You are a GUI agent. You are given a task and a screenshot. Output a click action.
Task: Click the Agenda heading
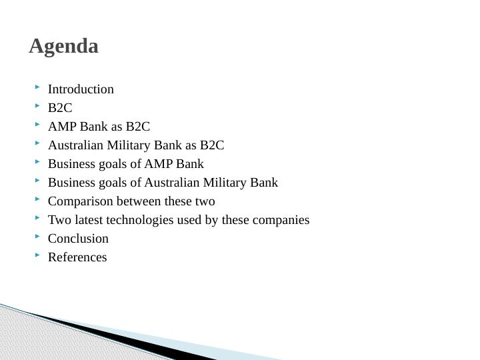(x=64, y=47)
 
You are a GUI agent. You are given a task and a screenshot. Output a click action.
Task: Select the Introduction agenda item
(x=81, y=89)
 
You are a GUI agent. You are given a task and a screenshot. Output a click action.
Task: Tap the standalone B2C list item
(x=60, y=108)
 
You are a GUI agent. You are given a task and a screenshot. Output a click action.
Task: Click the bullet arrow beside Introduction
(x=39, y=87)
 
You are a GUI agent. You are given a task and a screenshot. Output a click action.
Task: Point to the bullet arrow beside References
(x=39, y=255)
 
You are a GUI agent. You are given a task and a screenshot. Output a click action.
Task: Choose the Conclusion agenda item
(x=78, y=239)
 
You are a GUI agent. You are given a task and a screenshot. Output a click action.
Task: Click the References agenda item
(x=77, y=257)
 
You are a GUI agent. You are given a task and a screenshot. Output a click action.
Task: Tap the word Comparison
(x=81, y=201)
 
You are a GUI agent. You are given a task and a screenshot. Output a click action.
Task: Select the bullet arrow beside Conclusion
(x=39, y=237)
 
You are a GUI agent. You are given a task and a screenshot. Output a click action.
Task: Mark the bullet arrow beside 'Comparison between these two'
(x=39, y=199)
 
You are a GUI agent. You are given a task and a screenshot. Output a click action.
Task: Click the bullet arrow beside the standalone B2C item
(x=39, y=106)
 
